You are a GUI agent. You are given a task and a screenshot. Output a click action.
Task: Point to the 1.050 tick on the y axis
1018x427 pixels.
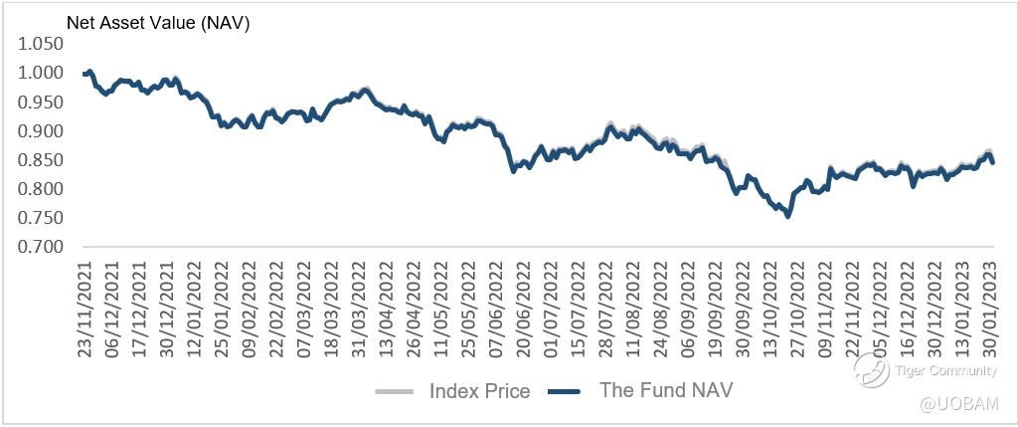coord(40,44)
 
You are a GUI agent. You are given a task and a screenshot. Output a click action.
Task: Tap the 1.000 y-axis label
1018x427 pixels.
coord(40,73)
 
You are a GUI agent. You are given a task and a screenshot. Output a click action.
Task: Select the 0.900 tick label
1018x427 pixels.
coord(40,131)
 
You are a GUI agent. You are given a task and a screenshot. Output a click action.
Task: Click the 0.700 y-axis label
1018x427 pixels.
coord(40,247)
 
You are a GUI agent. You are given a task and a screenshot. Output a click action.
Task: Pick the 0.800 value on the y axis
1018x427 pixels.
coord(40,189)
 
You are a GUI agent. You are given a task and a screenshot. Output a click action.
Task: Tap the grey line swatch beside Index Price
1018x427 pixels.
coord(396,390)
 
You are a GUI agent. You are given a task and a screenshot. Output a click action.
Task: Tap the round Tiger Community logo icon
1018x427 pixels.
coord(869,373)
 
